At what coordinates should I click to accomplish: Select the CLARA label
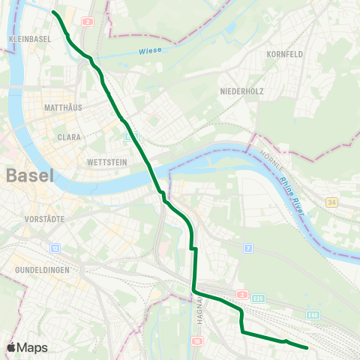[69, 137]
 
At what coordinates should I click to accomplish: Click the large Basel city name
[30, 177]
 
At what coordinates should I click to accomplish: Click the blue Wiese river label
[150, 52]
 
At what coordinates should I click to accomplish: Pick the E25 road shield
[259, 298]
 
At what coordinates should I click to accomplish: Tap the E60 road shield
[313, 314]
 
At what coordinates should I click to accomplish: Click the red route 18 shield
[196, 341]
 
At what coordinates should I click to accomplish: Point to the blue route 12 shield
[55, 247]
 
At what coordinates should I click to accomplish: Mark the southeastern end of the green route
[307, 347]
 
